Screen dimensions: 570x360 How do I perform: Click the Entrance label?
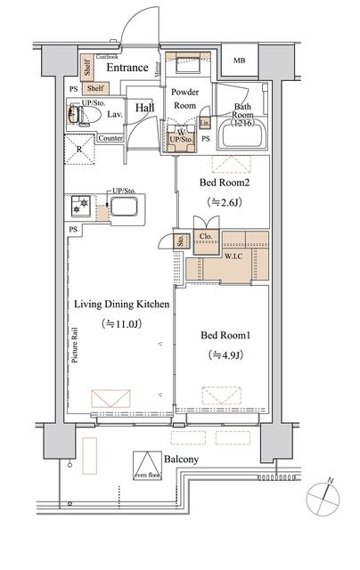coord(127,67)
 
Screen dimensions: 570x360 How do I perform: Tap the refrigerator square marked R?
coord(82,150)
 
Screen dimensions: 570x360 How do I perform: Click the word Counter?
coord(110,138)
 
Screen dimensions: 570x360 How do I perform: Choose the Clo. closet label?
coord(205,237)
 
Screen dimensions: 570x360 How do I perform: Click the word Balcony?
coord(182,459)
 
